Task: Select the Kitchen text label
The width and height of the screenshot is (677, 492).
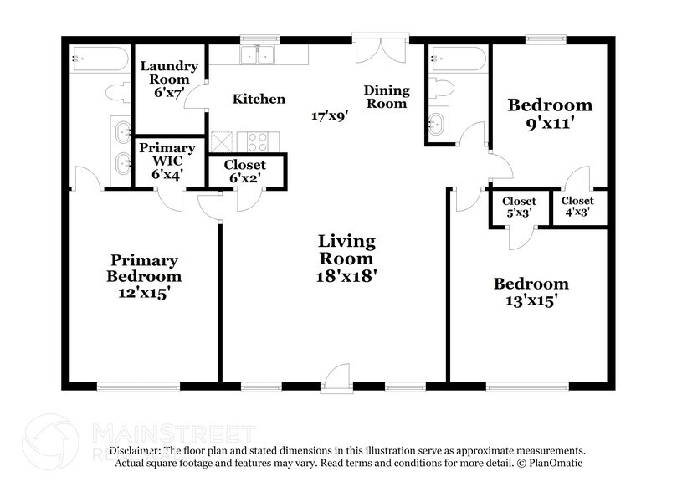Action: click(259, 99)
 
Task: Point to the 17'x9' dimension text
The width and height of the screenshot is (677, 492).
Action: click(330, 116)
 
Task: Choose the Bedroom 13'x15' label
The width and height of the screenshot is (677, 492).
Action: click(530, 292)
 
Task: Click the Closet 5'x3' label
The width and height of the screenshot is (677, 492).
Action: click(519, 206)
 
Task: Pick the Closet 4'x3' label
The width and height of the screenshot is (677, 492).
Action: click(577, 206)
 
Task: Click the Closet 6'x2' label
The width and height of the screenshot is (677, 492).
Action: click(246, 172)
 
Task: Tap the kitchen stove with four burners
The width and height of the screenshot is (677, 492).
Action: click(252, 141)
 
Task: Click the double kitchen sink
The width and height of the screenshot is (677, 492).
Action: click(258, 55)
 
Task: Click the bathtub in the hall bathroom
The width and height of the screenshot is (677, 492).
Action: click(456, 59)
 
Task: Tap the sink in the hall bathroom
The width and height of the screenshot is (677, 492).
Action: click(436, 125)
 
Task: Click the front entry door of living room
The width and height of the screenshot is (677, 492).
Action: click(337, 378)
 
